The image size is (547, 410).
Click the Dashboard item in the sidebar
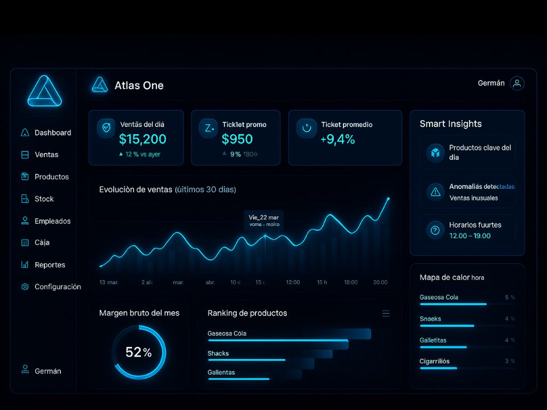click(x=52, y=132)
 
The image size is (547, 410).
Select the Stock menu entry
click(x=44, y=199)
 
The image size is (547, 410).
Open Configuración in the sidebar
click(x=57, y=287)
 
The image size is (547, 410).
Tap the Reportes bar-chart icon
click(x=25, y=265)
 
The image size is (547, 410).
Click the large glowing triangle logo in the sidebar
click(x=45, y=91)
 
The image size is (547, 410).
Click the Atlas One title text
click(x=139, y=85)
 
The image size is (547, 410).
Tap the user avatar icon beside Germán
click(x=517, y=83)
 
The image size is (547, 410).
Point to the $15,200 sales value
click(x=143, y=139)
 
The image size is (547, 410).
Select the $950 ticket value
click(x=237, y=139)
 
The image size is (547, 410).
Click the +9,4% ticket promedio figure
click(x=338, y=139)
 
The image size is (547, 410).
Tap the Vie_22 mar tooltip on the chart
click(x=264, y=220)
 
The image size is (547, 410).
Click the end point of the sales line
click(x=388, y=199)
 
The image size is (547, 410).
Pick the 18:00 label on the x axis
click(x=351, y=282)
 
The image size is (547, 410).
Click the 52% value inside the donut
click(x=138, y=352)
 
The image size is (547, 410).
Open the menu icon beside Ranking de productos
click(x=386, y=313)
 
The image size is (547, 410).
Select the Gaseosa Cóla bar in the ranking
click(x=288, y=335)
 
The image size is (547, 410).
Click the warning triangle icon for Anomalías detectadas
click(x=435, y=192)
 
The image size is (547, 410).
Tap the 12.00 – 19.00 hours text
click(x=470, y=235)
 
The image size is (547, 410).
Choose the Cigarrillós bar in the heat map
click(x=439, y=368)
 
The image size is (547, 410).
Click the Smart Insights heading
click(x=450, y=124)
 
